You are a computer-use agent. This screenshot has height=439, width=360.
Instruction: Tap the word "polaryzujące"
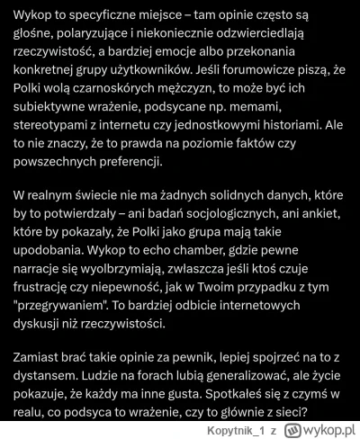coord(106,38)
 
